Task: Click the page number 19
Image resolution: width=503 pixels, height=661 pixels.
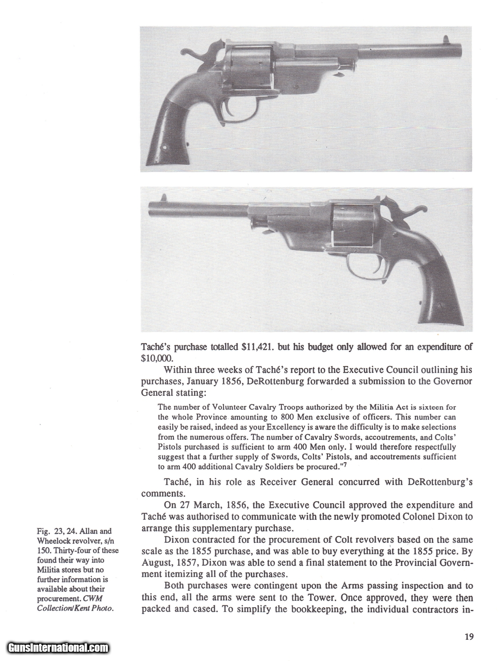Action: (468, 636)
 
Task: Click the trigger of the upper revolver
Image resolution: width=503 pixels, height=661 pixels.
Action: (231, 109)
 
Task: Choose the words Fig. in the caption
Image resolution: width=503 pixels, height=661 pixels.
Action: (43, 531)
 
